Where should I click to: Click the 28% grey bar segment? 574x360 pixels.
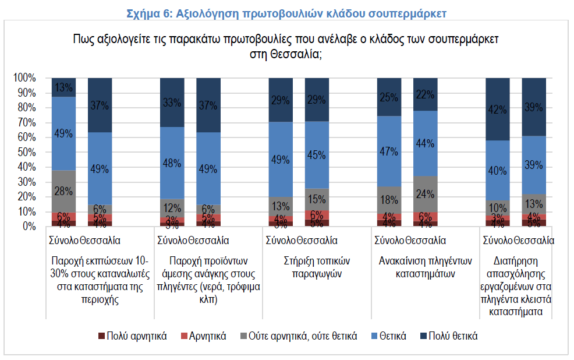[x=64, y=192]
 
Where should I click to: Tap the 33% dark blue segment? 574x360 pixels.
[x=172, y=103]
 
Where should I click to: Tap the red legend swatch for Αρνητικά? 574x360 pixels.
[x=184, y=336]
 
